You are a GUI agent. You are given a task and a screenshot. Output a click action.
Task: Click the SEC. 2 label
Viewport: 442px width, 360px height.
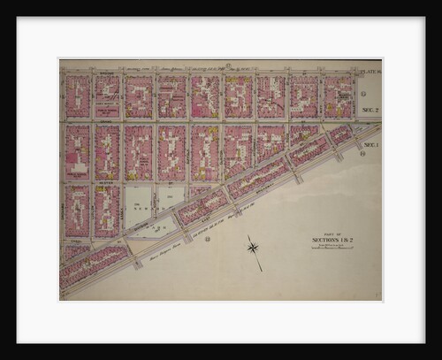point(370,111)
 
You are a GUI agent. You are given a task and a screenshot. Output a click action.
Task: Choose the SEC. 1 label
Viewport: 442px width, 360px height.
point(370,144)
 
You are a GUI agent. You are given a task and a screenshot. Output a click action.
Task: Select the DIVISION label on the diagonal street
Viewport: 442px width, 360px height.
point(141,226)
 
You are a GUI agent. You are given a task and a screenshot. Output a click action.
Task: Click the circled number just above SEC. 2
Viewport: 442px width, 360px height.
point(362,100)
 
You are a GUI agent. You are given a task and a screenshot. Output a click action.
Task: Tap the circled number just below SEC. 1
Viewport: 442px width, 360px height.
point(363,153)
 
